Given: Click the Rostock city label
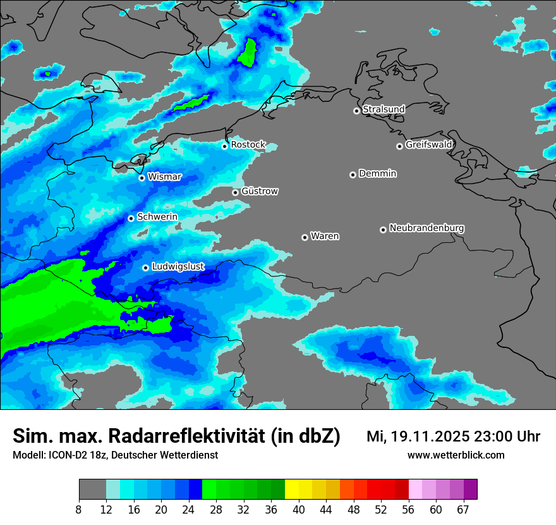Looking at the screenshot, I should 248,145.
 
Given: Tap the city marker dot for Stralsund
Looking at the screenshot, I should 356,111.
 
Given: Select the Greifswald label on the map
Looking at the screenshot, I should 428,145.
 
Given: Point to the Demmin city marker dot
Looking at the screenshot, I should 353,175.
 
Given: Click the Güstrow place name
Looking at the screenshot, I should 260,191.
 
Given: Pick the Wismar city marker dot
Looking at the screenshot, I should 142,178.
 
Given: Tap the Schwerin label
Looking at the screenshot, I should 157,217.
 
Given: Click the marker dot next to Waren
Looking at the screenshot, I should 305,237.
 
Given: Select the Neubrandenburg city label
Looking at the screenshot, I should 426,228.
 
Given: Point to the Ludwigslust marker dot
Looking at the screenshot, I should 145,268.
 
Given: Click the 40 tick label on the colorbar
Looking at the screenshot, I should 299,509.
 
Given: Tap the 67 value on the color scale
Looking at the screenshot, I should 463,509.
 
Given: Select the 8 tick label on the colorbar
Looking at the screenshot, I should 79,509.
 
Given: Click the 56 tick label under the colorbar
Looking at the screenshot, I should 408,509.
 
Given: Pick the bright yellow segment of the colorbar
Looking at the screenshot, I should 292,490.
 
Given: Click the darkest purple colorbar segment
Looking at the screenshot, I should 470,490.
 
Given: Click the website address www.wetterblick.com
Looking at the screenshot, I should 456,455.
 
